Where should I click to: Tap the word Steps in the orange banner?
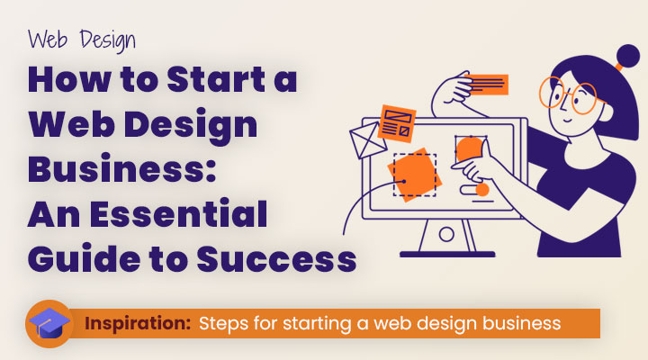[225, 322]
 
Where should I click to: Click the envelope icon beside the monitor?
[364, 140]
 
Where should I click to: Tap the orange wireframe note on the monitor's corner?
[397, 124]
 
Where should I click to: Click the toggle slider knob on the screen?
[481, 190]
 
